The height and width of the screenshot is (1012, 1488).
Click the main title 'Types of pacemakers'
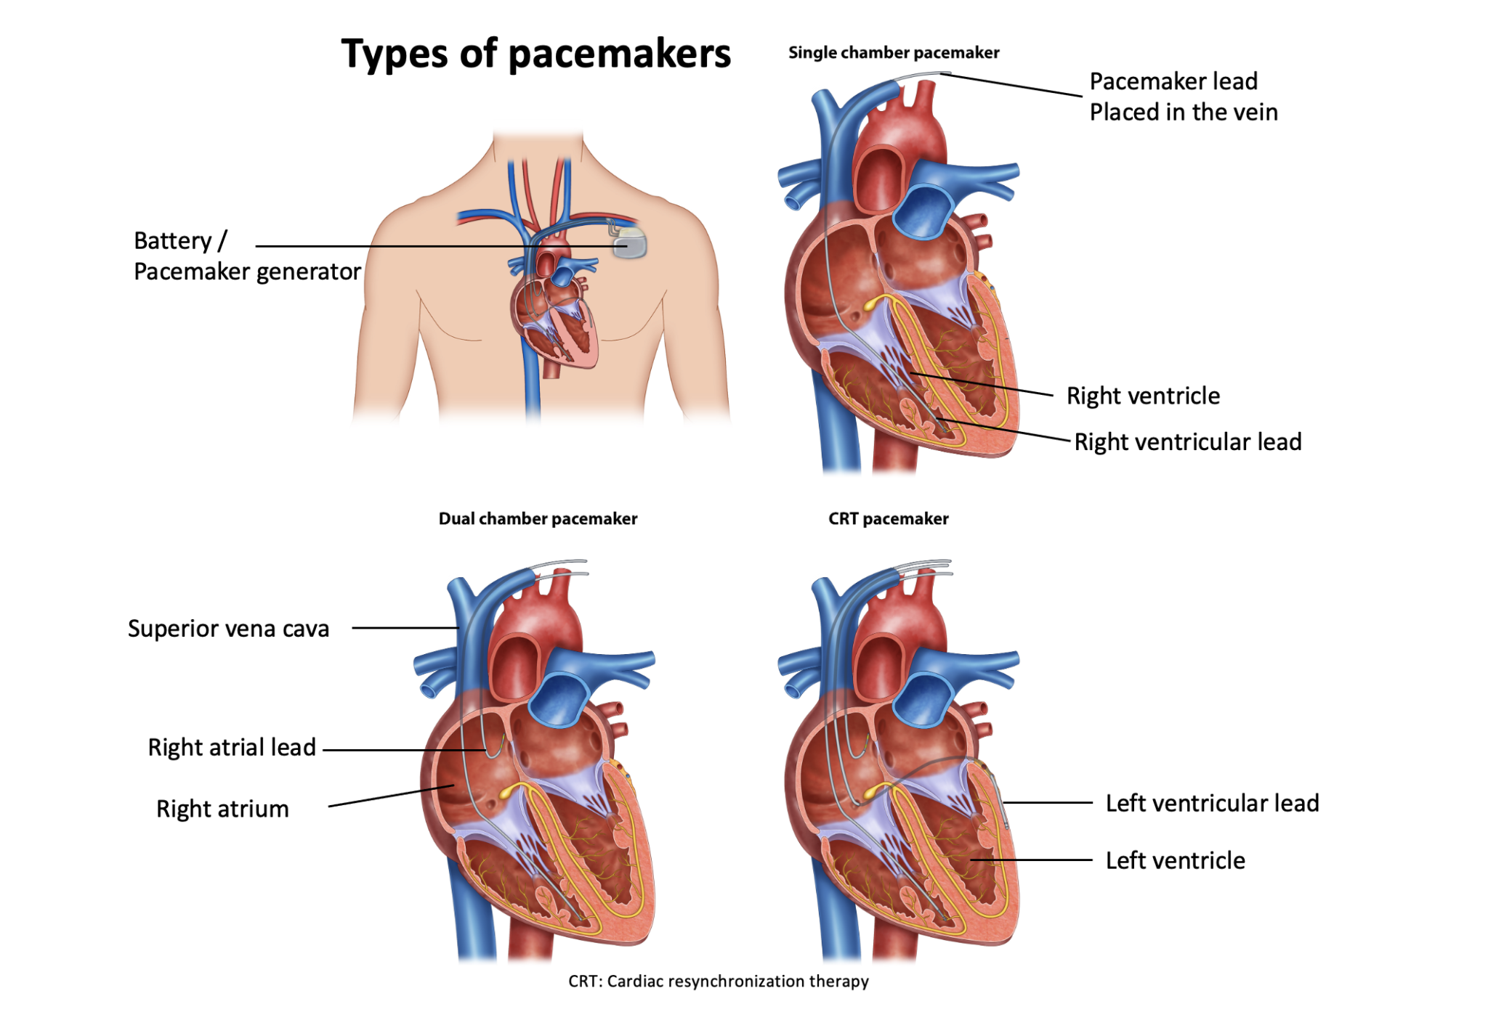536,54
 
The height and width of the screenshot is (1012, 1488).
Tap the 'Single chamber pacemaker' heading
894,52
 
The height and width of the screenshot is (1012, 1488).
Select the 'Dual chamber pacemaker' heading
538,518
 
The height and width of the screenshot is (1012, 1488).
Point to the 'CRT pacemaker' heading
889,518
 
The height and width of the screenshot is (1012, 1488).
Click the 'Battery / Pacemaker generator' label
247,256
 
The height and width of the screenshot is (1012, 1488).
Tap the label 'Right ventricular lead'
1188,441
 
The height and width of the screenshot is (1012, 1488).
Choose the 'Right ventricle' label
1143,396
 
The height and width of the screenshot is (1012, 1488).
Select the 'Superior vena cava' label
228,628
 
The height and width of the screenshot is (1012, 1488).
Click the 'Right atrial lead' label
232,747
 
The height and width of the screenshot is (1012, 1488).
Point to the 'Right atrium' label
222,809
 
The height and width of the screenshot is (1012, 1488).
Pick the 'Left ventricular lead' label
1212,803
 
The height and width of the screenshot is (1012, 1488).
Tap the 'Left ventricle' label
1175,860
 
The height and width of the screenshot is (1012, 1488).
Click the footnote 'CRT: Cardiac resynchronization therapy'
719,982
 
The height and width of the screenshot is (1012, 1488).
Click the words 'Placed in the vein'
1184,112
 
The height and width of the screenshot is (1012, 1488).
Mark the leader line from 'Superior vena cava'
405,628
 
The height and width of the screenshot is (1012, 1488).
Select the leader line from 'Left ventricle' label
1031,860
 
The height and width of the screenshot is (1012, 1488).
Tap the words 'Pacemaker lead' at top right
1173,81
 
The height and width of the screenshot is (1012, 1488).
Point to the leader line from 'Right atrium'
391,796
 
